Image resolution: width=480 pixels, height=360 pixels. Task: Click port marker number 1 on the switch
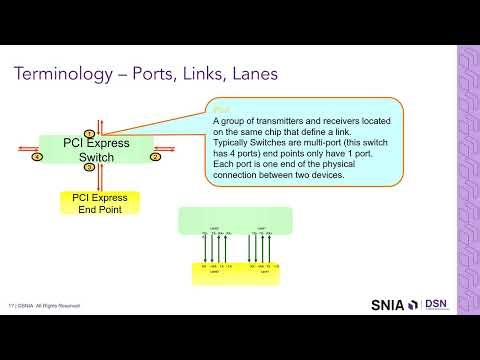pyautogui.click(x=89, y=133)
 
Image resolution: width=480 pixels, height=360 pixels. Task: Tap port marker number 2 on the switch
pyautogui.click(x=155, y=157)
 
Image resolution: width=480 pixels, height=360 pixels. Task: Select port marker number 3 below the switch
pyautogui.click(x=89, y=168)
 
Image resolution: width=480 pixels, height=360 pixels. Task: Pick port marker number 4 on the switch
pyautogui.click(x=37, y=157)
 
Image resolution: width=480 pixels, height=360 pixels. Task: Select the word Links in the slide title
pyautogui.click(x=177, y=75)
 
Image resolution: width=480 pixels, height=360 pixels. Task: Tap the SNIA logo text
pyautogui.click(x=395, y=304)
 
